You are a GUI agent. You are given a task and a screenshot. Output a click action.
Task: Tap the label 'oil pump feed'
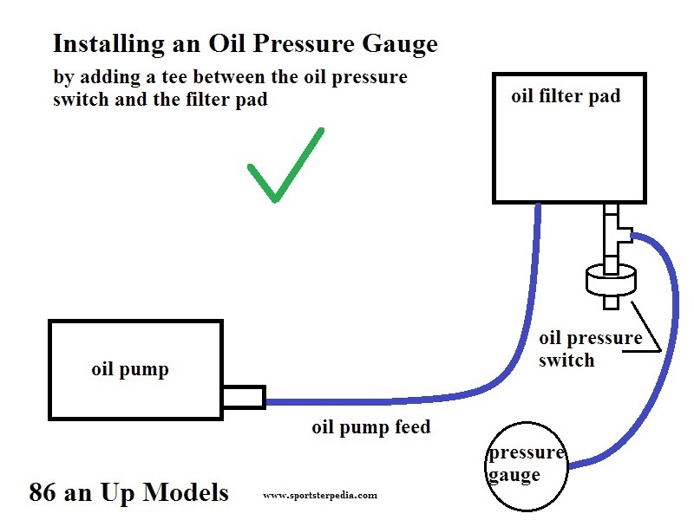370,427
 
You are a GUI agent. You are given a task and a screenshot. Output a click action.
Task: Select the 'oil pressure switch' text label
590,348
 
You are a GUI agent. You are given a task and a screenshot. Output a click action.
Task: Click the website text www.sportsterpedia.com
319,496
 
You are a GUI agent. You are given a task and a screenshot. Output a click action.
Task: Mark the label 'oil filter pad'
566,95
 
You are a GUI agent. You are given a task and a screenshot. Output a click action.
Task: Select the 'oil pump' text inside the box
130,370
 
